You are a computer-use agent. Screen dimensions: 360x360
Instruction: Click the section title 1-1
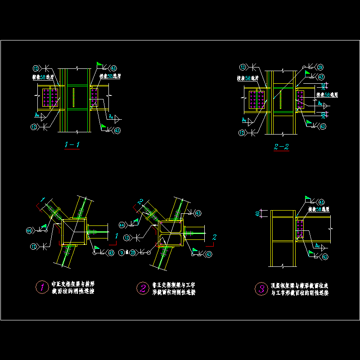tap(72, 145)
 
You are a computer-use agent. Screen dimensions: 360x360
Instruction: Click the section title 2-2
tap(281, 147)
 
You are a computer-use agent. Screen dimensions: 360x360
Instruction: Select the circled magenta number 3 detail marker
tap(261, 288)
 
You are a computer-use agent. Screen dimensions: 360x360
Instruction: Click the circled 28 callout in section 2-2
tap(320, 67)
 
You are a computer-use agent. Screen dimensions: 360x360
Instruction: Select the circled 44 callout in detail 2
tap(122, 225)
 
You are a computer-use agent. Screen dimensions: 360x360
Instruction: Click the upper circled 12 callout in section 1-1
tap(36, 68)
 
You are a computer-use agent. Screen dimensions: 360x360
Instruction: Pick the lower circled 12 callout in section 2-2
tap(243, 132)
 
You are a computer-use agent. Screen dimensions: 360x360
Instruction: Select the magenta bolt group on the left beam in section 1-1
tap(50, 97)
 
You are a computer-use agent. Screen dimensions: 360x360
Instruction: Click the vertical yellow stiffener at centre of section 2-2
tap(280, 100)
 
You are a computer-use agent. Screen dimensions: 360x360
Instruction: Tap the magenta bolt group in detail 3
tap(300, 229)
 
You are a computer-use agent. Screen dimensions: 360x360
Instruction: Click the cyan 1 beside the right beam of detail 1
tap(117, 235)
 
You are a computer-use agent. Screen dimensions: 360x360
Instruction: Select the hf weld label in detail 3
tap(319, 246)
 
